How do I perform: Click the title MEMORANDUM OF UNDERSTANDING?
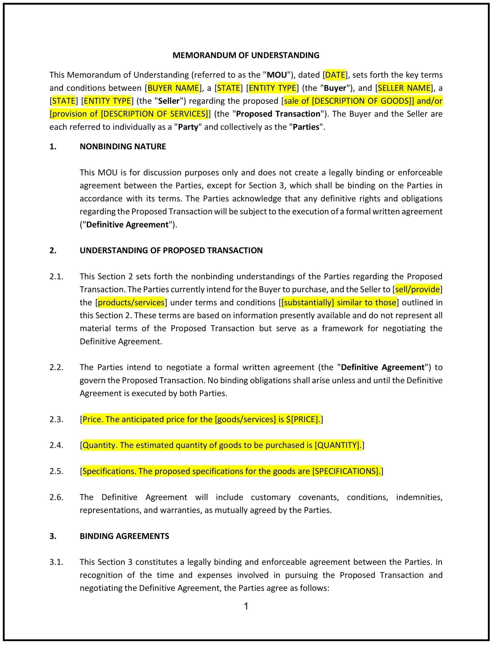(x=246, y=55)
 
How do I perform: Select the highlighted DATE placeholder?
(x=335, y=75)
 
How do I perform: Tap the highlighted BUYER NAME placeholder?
(x=173, y=88)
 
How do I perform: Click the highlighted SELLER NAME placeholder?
(x=404, y=88)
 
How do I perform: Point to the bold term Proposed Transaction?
(x=278, y=114)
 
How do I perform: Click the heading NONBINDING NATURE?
(x=123, y=146)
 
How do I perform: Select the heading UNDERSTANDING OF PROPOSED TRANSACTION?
(x=171, y=250)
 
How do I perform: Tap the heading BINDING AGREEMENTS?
(x=124, y=536)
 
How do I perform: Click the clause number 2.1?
(x=56, y=277)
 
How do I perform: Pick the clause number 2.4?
(x=56, y=445)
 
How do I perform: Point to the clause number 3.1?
(x=56, y=562)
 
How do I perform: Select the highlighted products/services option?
(x=131, y=302)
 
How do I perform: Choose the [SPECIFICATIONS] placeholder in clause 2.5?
(x=346, y=471)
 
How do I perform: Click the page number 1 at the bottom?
(x=246, y=606)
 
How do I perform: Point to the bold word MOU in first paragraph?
(x=277, y=75)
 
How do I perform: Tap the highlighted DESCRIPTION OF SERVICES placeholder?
(x=154, y=114)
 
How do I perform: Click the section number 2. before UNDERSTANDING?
(x=53, y=250)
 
